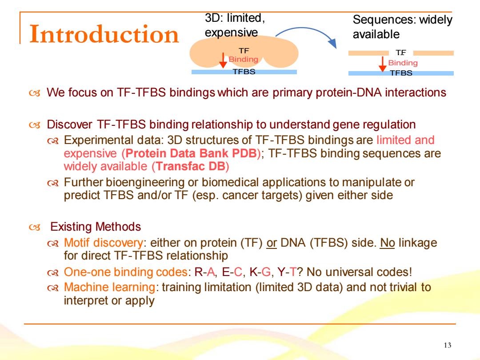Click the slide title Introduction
[x=104, y=34]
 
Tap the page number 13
[x=447, y=345]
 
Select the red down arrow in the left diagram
[x=223, y=60]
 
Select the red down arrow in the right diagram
[x=382, y=64]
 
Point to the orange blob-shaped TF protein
[x=244, y=52]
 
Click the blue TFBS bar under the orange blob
[x=244, y=72]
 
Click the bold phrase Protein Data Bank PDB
[x=191, y=153]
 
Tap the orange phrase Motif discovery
[x=103, y=243]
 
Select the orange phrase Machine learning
[x=109, y=287]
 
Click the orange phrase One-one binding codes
[x=125, y=272]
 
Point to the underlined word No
[x=387, y=243]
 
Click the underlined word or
[x=272, y=243]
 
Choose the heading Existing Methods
[x=96, y=227]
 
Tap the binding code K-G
[x=260, y=272]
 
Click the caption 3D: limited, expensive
[x=235, y=25]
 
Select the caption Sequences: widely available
[x=402, y=27]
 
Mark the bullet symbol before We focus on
[x=35, y=93]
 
